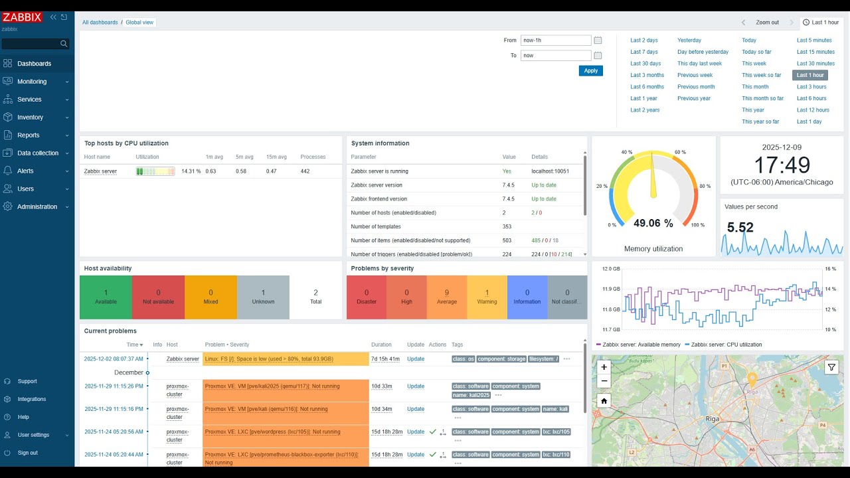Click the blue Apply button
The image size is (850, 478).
(590, 70)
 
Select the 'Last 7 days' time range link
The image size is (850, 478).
(643, 52)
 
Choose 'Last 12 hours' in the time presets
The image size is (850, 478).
(813, 110)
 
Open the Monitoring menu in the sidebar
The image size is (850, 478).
(32, 82)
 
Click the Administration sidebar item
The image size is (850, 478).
(37, 206)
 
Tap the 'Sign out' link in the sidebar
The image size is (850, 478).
(27, 453)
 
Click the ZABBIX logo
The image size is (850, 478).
(22, 17)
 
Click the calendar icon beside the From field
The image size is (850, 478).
(598, 40)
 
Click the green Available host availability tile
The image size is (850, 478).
(106, 297)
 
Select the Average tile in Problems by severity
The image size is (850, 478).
(446, 297)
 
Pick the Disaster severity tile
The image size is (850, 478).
(366, 297)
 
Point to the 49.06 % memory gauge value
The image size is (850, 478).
(653, 224)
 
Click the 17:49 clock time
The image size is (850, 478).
(781, 165)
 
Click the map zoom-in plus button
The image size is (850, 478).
(604, 367)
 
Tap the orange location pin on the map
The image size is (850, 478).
(752, 378)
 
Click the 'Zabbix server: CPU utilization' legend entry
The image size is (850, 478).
(726, 345)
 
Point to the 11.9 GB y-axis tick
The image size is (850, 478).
(611, 289)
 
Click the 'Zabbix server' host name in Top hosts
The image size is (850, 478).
(100, 171)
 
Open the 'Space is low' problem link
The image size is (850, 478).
(269, 359)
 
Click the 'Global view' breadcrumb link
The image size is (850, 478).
(139, 23)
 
